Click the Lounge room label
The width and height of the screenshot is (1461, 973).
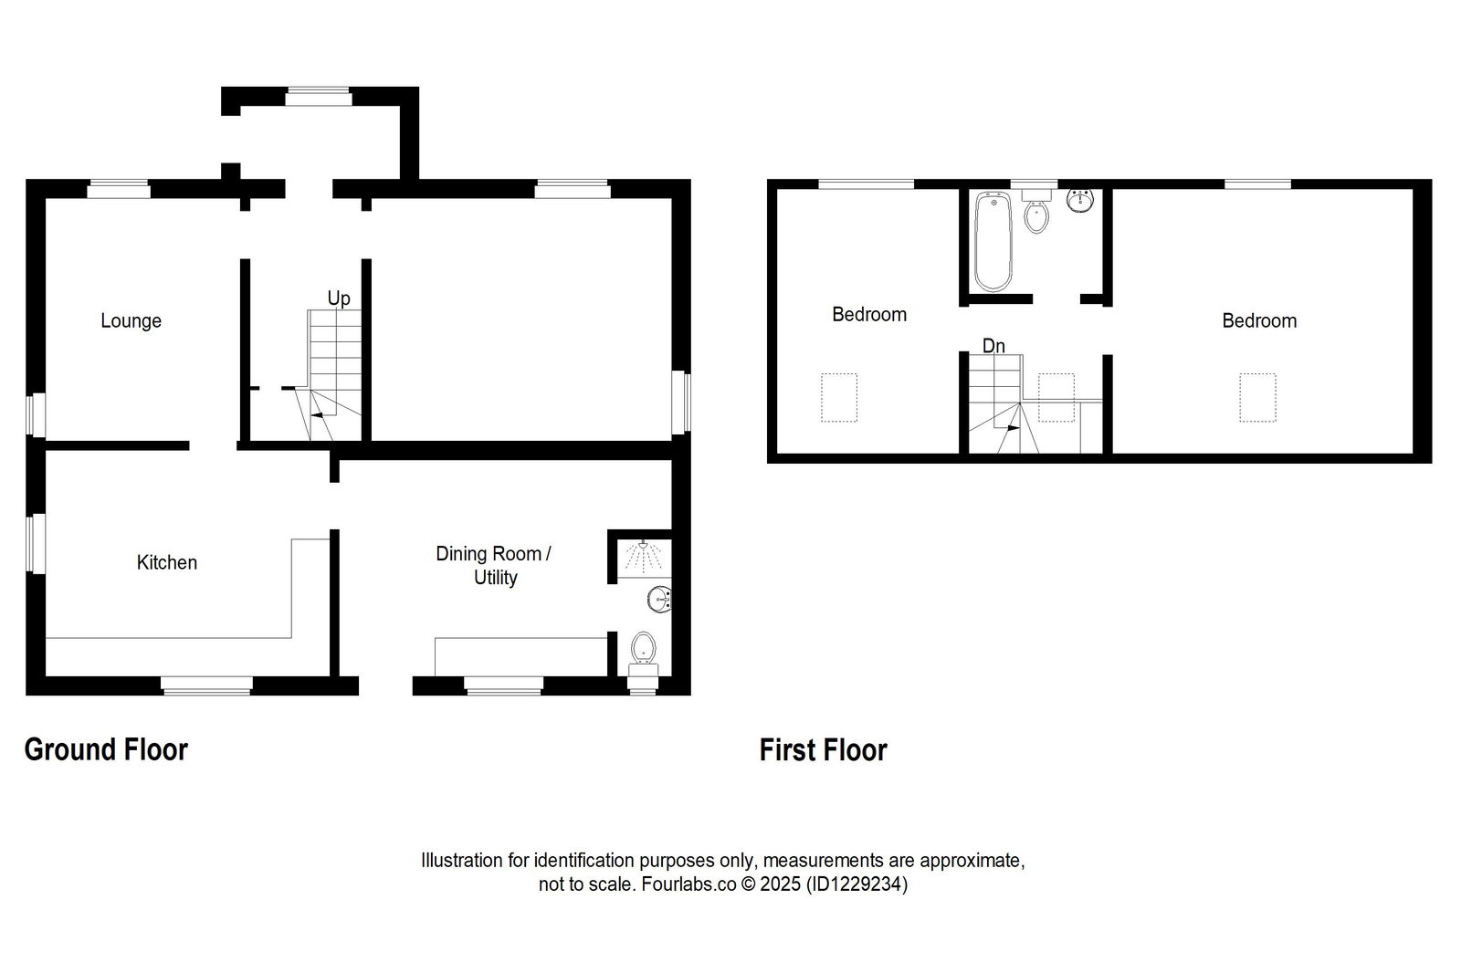coord(131,320)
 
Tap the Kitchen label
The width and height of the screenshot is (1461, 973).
coord(166,562)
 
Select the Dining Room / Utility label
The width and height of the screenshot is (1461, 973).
coord(494,565)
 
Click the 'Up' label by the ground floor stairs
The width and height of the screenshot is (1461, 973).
coord(339,298)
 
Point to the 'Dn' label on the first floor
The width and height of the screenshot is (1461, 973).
coord(993,346)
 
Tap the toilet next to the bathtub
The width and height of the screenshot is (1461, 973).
coord(1036,215)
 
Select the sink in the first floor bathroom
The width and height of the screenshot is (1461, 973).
coord(1080,200)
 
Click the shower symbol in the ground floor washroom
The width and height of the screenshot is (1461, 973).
coord(644,557)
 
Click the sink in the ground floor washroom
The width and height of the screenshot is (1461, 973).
coord(659,600)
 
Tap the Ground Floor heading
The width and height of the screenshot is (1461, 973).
coord(106,749)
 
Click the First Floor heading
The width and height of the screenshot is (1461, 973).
coord(823,750)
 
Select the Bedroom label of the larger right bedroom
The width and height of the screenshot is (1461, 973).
coord(1258,320)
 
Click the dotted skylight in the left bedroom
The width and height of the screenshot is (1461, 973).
coord(839,397)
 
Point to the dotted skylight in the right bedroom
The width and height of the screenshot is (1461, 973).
coord(1257,397)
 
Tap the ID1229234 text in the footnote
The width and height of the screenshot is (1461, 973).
coord(857,884)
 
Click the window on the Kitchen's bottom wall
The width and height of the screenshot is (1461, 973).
coord(206,685)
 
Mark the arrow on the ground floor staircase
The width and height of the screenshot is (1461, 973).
coord(319,415)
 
